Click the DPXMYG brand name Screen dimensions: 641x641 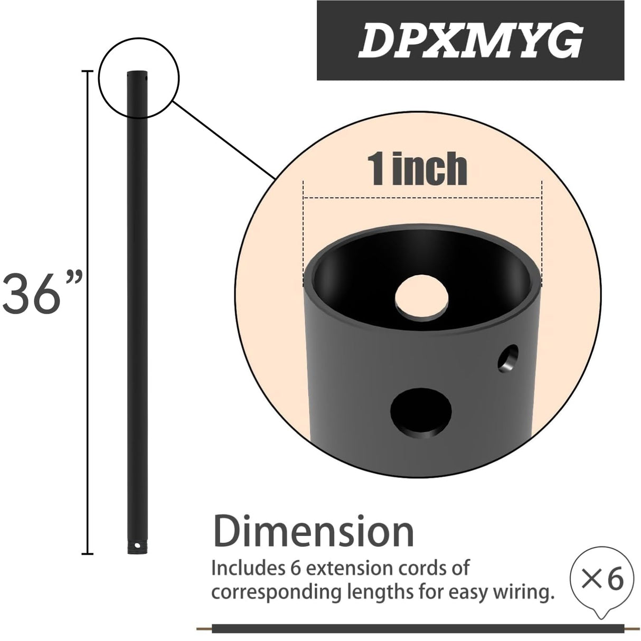tap(470, 41)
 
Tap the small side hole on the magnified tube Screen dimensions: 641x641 tap(508, 359)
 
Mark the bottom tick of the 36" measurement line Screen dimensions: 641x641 tap(88, 553)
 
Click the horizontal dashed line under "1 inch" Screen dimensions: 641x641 tap(422, 199)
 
